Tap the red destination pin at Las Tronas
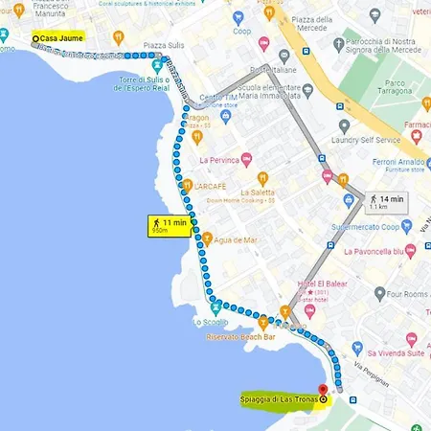[323, 391]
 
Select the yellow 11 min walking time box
[169, 226]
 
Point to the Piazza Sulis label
[163, 43]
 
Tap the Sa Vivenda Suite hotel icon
[412, 341]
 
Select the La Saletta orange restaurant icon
[262, 179]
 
